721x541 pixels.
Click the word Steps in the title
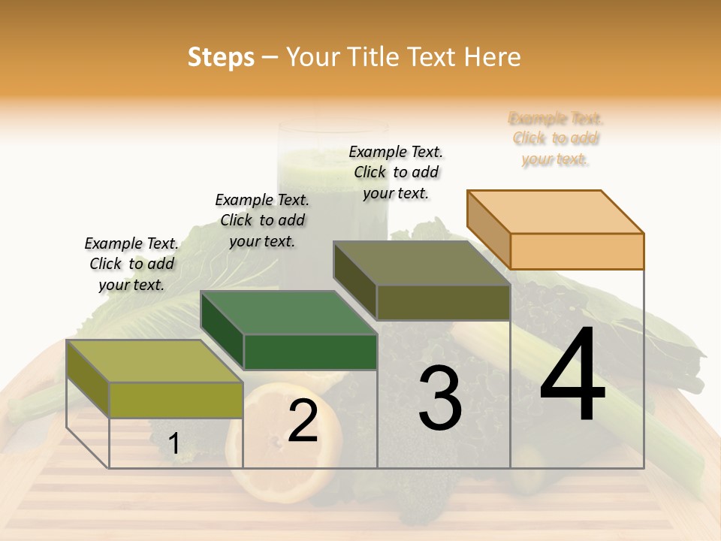pos(221,57)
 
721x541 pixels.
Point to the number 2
pos(303,422)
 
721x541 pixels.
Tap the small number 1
pos(173,444)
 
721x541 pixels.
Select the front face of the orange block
pos(577,251)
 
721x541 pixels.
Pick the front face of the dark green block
pos(310,352)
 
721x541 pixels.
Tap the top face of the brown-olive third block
pos(421,263)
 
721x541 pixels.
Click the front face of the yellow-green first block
pos(176,400)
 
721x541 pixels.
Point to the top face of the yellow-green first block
pos(154,361)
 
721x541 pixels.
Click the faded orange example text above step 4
pos(556,139)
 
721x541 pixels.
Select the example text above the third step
pos(396,172)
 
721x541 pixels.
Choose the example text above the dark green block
pos(262,220)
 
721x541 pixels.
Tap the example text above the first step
pos(131,264)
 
